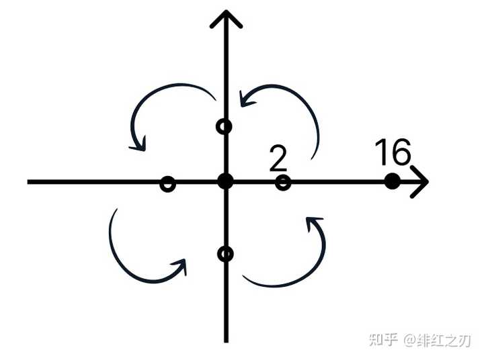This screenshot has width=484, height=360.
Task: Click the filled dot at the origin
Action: [x=225, y=181]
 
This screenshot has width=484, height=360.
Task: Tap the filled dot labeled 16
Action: [x=392, y=181]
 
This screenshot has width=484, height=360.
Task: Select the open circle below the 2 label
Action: [x=283, y=181]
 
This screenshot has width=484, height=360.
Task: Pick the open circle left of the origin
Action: [x=168, y=183]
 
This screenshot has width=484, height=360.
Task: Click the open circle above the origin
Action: [x=225, y=126]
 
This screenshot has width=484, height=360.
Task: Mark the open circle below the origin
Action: [x=225, y=254]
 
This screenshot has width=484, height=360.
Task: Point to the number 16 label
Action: [x=392, y=153]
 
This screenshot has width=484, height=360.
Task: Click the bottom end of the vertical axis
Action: [x=225, y=339]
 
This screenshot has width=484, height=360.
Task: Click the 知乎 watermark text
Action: [x=382, y=339]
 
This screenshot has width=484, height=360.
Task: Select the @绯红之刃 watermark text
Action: [x=437, y=339]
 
